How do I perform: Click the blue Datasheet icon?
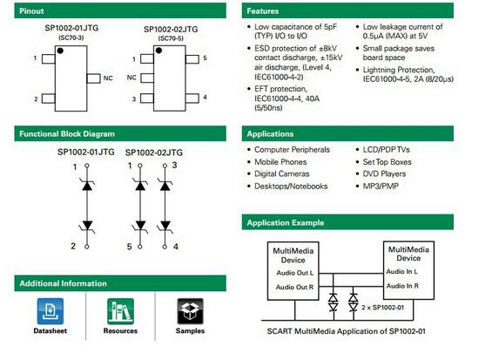(51, 311)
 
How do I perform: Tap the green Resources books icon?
(120, 311)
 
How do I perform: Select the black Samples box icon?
(190, 311)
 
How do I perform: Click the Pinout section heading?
(31, 10)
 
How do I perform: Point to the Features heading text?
(262, 10)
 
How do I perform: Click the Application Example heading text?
(285, 222)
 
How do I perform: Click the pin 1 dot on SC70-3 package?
(60, 51)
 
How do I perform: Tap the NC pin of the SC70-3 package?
(93, 78)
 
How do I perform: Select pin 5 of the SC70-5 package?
(192, 59)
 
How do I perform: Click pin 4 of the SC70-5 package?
(192, 98)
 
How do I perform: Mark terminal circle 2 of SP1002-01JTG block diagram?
(87, 247)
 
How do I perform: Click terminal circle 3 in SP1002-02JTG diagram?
(165, 166)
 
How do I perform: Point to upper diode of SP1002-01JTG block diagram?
(87, 185)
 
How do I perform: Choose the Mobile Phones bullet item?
(280, 162)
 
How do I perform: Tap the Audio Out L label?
(294, 273)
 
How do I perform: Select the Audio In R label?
(402, 286)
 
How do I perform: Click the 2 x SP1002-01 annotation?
(383, 308)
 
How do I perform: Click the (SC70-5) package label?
(171, 38)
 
